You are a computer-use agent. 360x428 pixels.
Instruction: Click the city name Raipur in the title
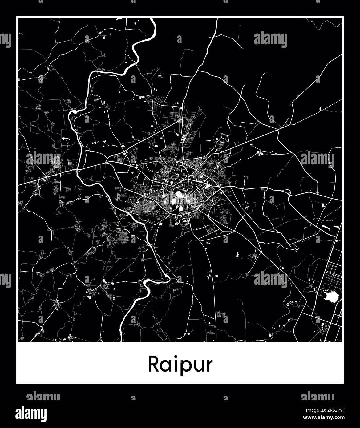coord(180,364)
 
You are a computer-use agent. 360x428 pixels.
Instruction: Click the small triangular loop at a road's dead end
coord(295,248)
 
